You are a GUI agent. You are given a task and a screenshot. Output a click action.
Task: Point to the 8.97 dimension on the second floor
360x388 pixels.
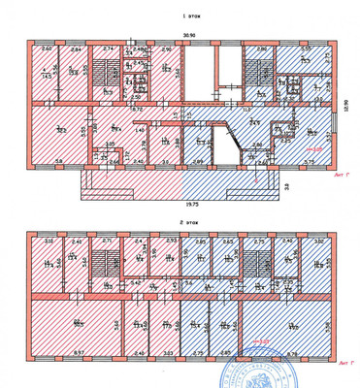(53, 353)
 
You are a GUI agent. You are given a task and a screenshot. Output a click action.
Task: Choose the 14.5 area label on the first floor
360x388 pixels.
(47, 74)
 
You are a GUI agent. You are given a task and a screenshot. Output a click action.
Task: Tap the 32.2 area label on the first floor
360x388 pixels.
(60, 130)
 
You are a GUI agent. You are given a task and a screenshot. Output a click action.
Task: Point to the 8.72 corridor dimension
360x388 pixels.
(137, 110)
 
